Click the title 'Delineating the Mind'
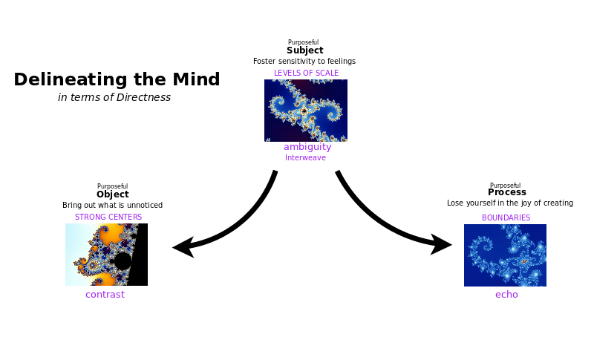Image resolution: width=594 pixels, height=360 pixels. click(x=117, y=80)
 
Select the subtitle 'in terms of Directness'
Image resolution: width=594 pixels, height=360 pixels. click(x=114, y=98)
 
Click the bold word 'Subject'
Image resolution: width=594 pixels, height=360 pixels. click(x=305, y=50)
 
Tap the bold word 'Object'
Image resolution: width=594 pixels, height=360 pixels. click(x=113, y=194)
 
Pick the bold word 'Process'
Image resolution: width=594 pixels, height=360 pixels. click(x=507, y=192)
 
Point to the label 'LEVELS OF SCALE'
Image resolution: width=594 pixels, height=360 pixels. click(x=306, y=73)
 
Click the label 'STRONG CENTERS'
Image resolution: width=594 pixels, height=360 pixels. click(x=108, y=217)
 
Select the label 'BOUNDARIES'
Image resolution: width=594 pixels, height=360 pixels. click(x=506, y=217)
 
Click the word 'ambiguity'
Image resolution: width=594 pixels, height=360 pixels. click(x=307, y=147)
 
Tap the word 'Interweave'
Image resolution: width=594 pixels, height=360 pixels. click(x=305, y=157)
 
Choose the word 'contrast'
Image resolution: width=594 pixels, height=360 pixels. click(x=105, y=295)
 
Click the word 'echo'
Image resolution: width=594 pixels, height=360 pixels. click(x=506, y=295)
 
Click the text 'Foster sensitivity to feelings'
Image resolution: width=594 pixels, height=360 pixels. click(x=304, y=62)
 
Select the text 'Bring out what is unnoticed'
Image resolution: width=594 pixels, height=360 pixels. click(x=113, y=205)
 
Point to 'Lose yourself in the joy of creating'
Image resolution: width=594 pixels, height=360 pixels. click(x=510, y=203)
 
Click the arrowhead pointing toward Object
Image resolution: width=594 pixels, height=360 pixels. click(x=183, y=247)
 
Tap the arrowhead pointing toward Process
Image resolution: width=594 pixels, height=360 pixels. click(x=442, y=244)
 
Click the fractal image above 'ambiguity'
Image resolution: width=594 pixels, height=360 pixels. click(x=306, y=111)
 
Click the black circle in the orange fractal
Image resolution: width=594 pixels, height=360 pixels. click(x=123, y=261)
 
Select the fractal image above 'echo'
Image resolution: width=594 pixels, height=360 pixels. click(x=505, y=255)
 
